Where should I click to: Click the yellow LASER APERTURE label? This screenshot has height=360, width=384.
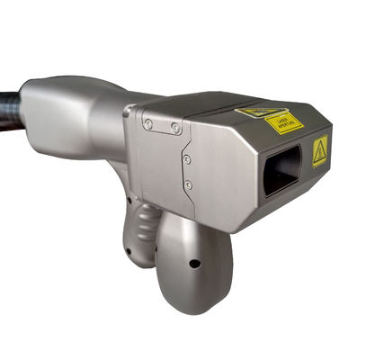pyautogui.click(x=285, y=121)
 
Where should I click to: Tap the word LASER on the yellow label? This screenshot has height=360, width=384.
pyautogui.click(x=281, y=118)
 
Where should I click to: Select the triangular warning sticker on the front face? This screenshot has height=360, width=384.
pyautogui.click(x=319, y=152)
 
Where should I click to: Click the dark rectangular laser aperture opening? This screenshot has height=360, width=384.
pyautogui.click(x=284, y=170)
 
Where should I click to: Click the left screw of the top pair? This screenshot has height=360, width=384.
pyautogui.click(x=147, y=123)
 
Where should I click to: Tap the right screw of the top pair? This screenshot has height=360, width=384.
pyautogui.click(x=173, y=129)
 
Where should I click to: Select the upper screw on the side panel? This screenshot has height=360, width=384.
pyautogui.click(x=186, y=159)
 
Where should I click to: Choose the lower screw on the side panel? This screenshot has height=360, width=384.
pyautogui.click(x=188, y=186)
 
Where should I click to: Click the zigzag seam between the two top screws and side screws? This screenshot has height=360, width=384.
pyautogui.click(x=183, y=144)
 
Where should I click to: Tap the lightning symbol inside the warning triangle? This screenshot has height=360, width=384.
pyautogui.click(x=319, y=154)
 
